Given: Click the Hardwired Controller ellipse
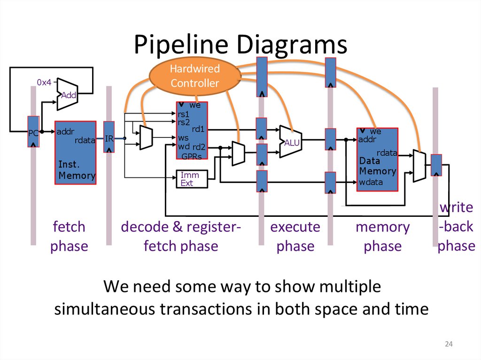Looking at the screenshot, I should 194,76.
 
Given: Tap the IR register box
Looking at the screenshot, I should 109,138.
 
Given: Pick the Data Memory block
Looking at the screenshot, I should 377,160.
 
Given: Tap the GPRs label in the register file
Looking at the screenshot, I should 192,156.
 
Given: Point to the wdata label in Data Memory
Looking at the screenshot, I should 371,182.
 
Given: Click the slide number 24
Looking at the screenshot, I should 449,345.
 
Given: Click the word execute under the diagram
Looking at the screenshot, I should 295,227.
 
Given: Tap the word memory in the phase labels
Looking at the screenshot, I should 382,227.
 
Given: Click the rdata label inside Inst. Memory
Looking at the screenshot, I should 85,140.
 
